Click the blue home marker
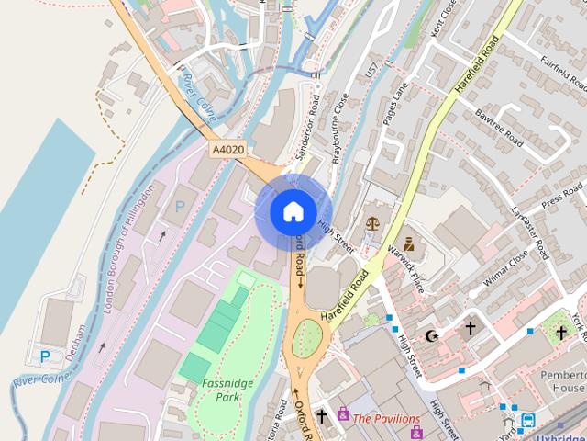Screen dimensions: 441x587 (x=293, y=211)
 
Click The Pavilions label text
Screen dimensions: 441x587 (x=386, y=419)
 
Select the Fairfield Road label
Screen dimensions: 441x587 (x=563, y=73)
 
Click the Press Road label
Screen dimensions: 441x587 (x=562, y=196)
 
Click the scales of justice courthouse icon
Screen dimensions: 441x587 (x=372, y=223)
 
